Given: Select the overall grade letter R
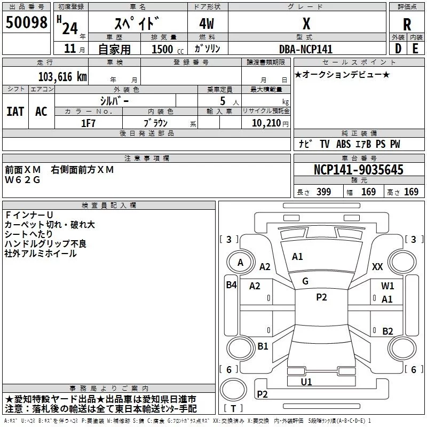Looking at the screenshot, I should pyautogui.click(x=407, y=24).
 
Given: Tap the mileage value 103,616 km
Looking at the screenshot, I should pyautogui.click(x=62, y=76).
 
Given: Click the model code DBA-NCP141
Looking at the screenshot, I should pyautogui.click(x=306, y=49).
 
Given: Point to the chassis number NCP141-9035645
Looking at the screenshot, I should pyautogui.click(x=358, y=170).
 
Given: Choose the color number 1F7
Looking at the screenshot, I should pyautogui.click(x=88, y=123).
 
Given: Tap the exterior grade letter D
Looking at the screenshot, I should pyautogui.click(x=398, y=49).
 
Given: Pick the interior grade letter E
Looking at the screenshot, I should pyautogui.click(x=415, y=49).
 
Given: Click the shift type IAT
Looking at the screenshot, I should pyautogui.click(x=15, y=111).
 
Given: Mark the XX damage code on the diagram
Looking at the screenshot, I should pyautogui.click(x=377, y=266).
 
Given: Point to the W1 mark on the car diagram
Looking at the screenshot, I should pyautogui.click(x=388, y=286).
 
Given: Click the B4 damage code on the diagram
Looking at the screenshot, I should pyautogui.click(x=231, y=285).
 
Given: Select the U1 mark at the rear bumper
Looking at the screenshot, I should pyautogui.click(x=306, y=382).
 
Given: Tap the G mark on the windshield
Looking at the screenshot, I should pyautogui.click(x=305, y=281).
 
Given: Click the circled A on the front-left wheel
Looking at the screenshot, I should pyautogui.click(x=240, y=263).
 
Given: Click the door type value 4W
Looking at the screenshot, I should pyautogui.click(x=208, y=24).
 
